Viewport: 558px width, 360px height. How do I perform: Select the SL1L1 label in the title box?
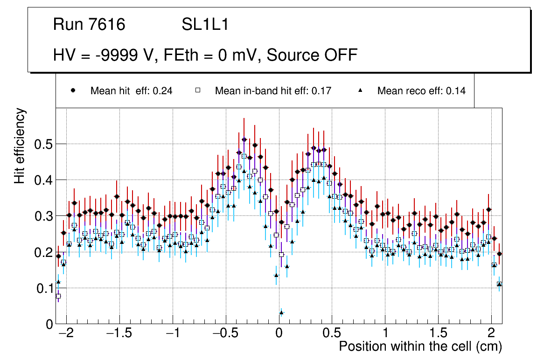[205, 25]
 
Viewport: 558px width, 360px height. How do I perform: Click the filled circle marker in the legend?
[73, 90]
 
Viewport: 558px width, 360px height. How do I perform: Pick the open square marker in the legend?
[198, 90]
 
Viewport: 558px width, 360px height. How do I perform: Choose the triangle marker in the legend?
[360, 90]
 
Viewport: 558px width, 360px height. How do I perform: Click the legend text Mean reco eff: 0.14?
[421, 91]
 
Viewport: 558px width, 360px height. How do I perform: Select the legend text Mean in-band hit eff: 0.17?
[273, 91]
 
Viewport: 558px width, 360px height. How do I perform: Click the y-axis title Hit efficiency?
[20, 145]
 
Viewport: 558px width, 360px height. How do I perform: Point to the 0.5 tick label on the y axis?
[43, 144]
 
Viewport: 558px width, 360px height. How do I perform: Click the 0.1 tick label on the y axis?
[43, 288]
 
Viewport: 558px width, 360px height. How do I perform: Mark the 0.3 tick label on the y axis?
[43, 216]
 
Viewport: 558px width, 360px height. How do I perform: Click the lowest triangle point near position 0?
[281, 312]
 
